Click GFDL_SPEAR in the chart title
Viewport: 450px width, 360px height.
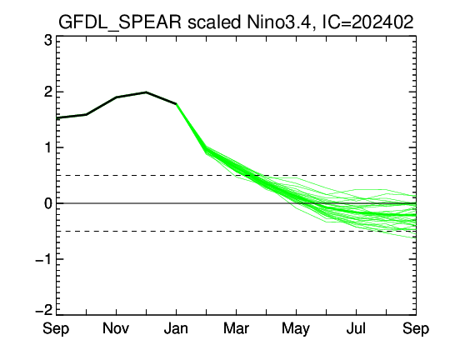tap(120, 22)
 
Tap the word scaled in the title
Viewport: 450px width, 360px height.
tap(214, 22)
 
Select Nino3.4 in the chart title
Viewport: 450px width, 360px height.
tap(279, 22)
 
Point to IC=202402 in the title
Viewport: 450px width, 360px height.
tap(367, 22)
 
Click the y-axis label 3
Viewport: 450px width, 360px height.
tap(48, 41)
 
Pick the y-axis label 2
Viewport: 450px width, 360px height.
tap(48, 92)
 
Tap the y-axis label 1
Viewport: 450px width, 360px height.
tap(48, 147)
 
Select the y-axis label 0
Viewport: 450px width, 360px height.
tap(48, 203)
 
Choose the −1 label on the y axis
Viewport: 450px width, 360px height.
tap(44, 259)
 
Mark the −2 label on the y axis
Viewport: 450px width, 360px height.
tap(44, 310)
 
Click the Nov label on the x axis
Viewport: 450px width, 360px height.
tap(116, 328)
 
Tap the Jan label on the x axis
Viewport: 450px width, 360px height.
tap(176, 328)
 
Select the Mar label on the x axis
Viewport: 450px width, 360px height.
tap(236, 328)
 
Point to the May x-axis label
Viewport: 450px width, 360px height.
tap(296, 328)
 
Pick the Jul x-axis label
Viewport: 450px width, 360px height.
tap(356, 328)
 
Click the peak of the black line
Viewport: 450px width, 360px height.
tap(146, 92)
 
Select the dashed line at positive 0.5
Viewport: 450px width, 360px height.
tap(236, 175)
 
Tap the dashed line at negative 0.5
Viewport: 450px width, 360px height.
tap(236, 231)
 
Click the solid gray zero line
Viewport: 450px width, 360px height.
tap(236, 203)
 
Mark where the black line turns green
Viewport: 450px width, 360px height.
tap(176, 103)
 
